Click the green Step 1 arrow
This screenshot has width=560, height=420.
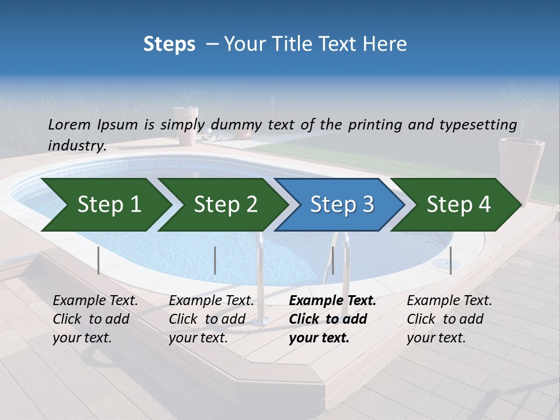click(x=105, y=205)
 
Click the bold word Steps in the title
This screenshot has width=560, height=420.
click(x=169, y=44)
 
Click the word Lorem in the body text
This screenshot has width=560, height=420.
click(x=69, y=124)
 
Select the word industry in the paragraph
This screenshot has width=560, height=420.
click(x=76, y=145)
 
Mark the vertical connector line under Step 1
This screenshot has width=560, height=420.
click(x=99, y=260)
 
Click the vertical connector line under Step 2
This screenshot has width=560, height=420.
click(x=215, y=260)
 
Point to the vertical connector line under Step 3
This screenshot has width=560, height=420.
click(x=332, y=260)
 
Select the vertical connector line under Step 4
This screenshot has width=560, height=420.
click(x=450, y=260)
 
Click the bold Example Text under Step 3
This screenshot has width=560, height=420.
click(x=332, y=301)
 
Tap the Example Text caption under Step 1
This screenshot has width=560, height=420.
click(x=95, y=301)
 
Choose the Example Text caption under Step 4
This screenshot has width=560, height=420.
click(x=449, y=301)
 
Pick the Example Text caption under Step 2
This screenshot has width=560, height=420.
click(x=211, y=301)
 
